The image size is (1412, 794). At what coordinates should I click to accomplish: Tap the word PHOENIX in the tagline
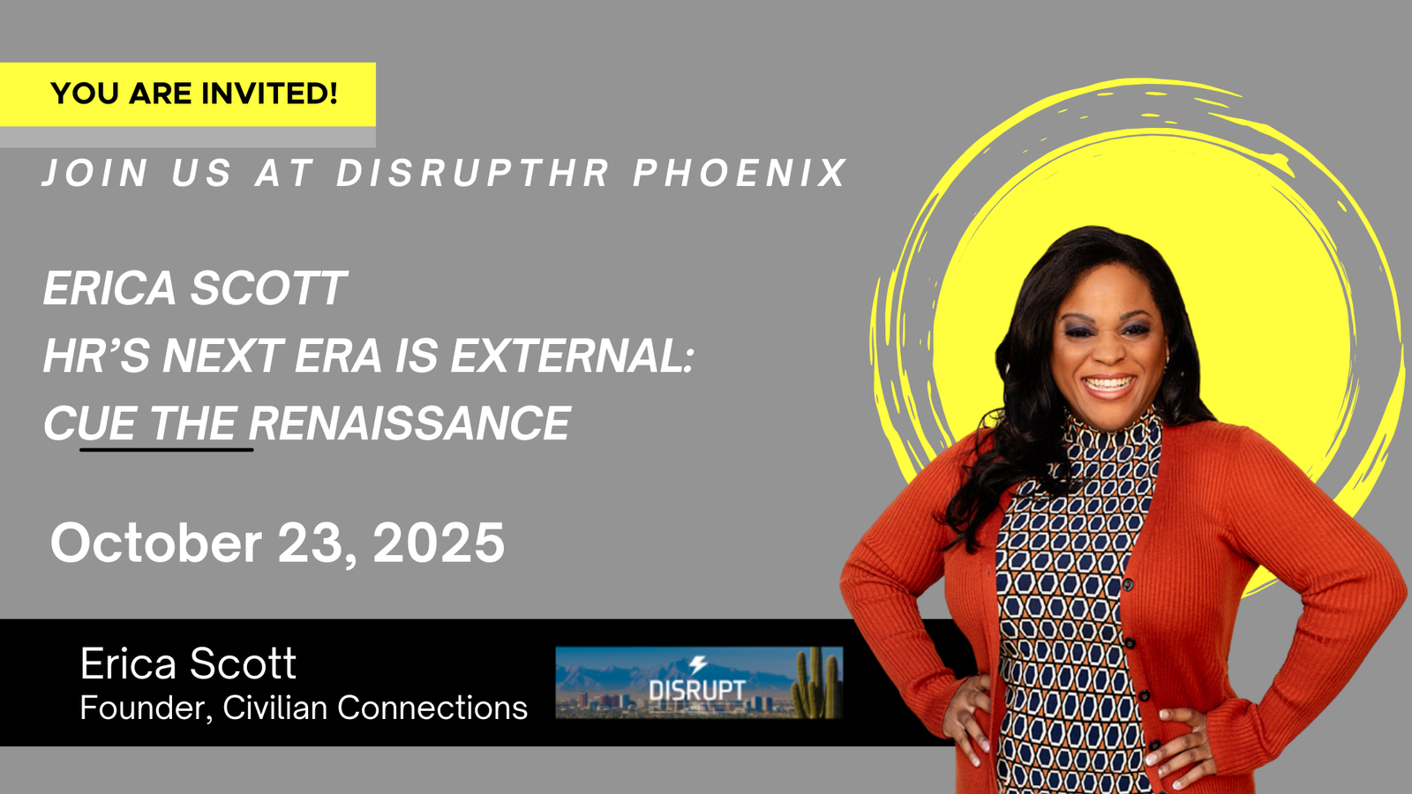tap(740, 173)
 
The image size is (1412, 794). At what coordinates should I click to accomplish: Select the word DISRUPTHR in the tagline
tap(473, 173)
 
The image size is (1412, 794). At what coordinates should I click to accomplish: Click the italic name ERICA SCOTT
tap(195, 288)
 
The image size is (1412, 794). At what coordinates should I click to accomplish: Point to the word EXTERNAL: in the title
tap(572, 356)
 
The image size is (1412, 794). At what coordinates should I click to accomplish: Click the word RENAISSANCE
tap(409, 423)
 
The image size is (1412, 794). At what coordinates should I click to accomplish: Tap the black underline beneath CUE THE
tap(167, 449)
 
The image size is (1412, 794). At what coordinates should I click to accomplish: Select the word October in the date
tap(155, 543)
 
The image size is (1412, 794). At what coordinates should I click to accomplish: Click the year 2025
tap(439, 543)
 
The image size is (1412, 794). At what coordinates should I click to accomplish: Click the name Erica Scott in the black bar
tap(188, 663)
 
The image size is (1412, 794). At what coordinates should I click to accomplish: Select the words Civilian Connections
tap(375, 707)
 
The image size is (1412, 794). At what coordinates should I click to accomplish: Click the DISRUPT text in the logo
tap(697, 690)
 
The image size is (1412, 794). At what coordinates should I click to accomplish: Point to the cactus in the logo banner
tap(816, 683)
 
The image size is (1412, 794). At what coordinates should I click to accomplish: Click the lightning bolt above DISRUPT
tap(697, 665)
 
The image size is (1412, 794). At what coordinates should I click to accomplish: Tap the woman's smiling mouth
tap(1108, 385)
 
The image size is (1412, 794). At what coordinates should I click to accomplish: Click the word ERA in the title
tap(338, 356)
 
